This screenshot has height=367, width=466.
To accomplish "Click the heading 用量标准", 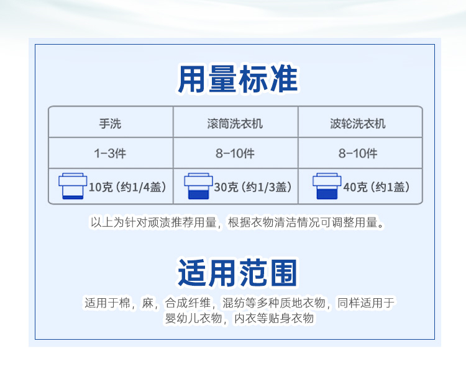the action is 237,79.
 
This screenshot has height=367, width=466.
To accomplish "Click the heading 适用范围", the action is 237,273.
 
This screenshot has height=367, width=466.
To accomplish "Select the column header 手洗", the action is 110,123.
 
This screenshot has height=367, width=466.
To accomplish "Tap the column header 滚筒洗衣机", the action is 235,123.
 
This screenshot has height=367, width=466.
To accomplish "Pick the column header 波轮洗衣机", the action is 358,123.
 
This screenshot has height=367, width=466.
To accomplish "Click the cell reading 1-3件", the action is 110,154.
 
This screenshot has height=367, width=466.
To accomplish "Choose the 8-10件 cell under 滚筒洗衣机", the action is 235,154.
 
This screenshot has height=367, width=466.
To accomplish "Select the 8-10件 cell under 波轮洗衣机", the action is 358,154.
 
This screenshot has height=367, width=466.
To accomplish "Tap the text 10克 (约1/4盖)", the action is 127,187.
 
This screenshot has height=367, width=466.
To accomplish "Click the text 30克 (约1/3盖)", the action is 253,187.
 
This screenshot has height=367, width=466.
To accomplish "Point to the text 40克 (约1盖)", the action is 377,187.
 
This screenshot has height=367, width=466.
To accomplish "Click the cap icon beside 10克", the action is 73,186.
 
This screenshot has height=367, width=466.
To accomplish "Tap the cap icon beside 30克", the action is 198,186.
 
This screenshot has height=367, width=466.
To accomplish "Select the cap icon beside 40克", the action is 327,186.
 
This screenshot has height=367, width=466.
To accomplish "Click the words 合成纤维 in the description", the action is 188,303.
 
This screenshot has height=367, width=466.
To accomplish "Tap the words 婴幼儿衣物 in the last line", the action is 193,319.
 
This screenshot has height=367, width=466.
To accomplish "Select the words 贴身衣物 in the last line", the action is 291,319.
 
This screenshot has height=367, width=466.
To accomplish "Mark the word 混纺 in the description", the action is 234,303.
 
